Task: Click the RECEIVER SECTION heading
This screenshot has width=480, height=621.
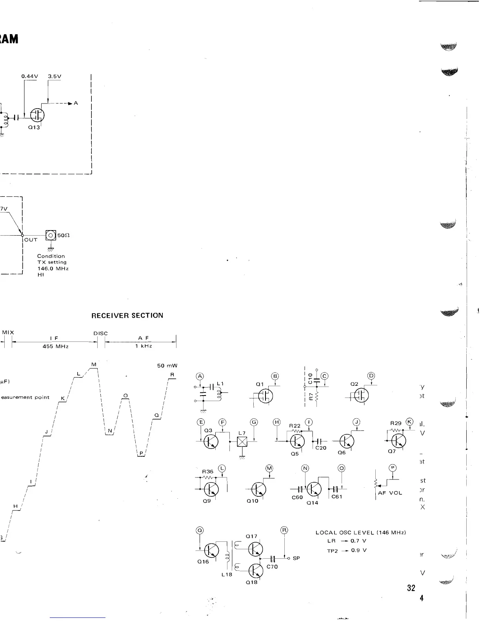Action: tap(127, 316)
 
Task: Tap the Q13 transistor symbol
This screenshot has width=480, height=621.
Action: tap(38, 115)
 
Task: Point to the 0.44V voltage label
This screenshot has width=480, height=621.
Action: tap(29, 76)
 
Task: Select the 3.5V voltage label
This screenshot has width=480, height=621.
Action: tap(55, 76)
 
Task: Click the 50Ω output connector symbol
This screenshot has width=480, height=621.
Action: tap(51, 235)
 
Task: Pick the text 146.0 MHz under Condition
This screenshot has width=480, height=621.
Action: tap(53, 269)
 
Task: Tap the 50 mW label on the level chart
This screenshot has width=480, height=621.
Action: tap(167, 366)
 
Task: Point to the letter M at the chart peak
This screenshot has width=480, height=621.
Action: tap(94, 365)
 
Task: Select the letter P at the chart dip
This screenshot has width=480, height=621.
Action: tap(141, 453)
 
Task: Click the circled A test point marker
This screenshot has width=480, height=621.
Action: tap(200, 377)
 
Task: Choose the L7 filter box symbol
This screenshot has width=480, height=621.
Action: tap(242, 442)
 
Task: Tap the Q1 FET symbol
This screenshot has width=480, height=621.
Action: tap(266, 396)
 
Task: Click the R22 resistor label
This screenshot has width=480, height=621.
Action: tap(295, 426)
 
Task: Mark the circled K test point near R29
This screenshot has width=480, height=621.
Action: tap(410, 422)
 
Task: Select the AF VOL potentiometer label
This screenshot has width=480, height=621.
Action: tap(390, 493)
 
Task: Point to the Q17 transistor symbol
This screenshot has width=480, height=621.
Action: tap(256, 549)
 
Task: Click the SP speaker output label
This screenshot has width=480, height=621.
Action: tap(296, 558)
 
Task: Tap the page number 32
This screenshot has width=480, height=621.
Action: tap(411, 588)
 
